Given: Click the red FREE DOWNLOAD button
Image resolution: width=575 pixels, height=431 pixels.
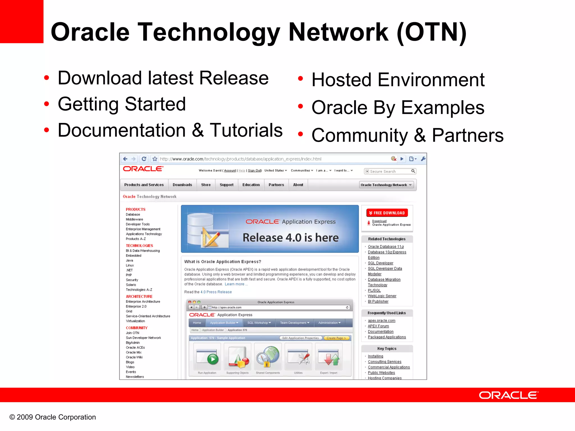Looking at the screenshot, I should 387,213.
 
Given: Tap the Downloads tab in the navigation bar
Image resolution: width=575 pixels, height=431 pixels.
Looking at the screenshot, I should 182,185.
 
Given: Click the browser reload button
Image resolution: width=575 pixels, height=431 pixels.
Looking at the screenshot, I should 144,159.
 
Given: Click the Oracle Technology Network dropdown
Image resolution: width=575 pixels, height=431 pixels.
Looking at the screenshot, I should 386,185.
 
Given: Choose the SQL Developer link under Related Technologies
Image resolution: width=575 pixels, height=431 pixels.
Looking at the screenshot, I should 380,263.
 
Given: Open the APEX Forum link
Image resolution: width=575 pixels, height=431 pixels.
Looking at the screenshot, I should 378,326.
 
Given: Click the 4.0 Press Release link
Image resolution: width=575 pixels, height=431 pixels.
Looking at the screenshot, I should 216,292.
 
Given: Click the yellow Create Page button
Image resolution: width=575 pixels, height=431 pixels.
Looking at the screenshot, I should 336,338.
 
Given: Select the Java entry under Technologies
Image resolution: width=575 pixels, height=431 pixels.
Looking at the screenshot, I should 129,260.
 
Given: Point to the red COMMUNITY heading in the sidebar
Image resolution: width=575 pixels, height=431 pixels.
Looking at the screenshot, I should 136,328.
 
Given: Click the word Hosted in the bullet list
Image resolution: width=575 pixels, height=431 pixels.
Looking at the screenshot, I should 341,80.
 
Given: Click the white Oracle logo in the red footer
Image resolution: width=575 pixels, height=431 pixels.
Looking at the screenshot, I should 508,395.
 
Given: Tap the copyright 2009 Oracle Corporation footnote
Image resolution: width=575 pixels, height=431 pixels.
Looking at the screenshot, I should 53,417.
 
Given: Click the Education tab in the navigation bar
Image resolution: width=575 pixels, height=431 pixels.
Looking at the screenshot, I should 251,185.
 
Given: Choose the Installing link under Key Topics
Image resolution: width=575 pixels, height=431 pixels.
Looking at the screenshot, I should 375,356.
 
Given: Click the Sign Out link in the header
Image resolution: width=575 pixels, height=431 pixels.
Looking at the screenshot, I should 254,171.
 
